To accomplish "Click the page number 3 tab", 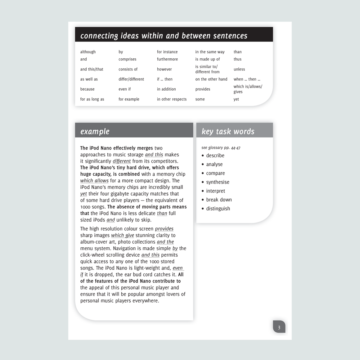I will coord(279,327).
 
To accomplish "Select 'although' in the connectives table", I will coord(88,52).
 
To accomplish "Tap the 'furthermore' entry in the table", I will coord(167,59).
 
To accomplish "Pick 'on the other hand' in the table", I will coord(211,79).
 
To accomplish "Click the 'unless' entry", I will coord(239,69).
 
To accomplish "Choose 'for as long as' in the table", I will coord(92,99).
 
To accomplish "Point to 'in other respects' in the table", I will coord(172,99).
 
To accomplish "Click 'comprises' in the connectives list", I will coord(127,59).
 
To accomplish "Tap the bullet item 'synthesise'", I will coord(218,182).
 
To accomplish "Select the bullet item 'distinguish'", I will coord(218,209).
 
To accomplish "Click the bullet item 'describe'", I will coord(215,155).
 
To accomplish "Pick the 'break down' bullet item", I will coord(219,200).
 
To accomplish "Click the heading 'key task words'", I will coord(228,132).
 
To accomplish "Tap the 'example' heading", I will coord(95,132).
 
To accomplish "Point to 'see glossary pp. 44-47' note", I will coord(221,148).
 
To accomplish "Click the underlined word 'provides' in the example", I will coord(164,229).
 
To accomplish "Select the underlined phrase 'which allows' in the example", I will coord(94,181).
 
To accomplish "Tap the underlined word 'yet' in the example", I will coord(83,194).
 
